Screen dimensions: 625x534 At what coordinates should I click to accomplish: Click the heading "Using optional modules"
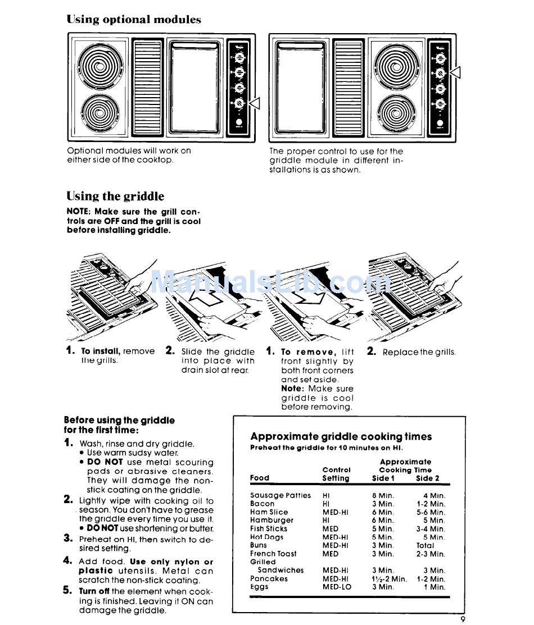tap(134, 20)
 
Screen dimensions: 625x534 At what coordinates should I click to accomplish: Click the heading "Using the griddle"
tap(115, 196)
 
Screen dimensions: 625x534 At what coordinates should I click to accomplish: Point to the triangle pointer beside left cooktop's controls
tap(255, 103)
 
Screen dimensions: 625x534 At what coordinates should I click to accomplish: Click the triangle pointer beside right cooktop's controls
tap(455, 72)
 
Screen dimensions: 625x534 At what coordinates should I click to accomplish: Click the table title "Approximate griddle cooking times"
tap(341, 436)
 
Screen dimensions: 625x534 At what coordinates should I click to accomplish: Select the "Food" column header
tap(260, 478)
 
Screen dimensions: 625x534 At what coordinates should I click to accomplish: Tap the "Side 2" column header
tap(428, 478)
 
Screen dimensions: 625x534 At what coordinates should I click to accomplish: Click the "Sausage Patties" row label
tap(280, 495)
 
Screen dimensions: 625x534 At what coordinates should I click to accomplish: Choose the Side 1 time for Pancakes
tap(389, 578)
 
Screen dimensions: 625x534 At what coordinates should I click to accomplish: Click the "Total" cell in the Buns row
tap(425, 545)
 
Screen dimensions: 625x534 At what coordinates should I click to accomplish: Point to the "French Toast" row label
tap(273, 554)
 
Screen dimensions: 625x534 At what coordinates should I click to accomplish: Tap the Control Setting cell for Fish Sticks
tap(331, 528)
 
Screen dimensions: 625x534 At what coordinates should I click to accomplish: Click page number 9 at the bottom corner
tap(463, 619)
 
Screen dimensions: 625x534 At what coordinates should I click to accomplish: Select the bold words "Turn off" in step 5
tap(94, 591)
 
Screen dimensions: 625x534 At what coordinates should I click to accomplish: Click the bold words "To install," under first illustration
tap(101, 351)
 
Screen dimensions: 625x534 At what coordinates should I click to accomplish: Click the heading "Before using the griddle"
tap(119, 420)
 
